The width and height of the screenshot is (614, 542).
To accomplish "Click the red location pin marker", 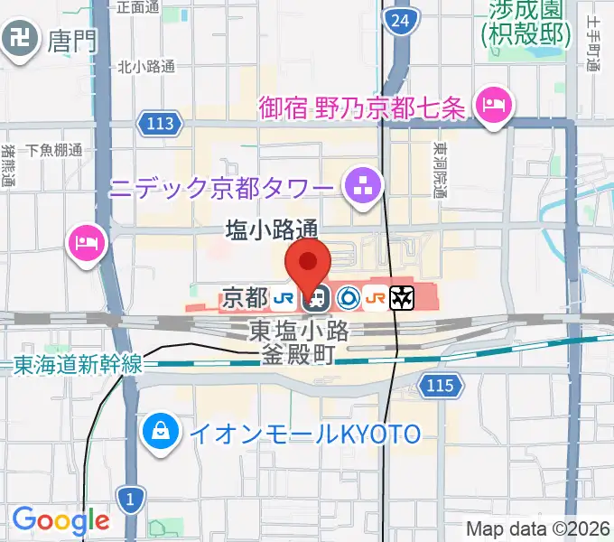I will coord(308,263).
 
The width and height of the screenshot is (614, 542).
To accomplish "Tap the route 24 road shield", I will coord(400,19).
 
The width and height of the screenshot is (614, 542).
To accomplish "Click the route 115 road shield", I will coord(439,387).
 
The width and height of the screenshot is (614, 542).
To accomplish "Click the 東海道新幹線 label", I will coord(79,364).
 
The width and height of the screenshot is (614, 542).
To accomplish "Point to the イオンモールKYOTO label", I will coord(304,435).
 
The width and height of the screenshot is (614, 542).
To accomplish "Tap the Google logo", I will coord(60,520).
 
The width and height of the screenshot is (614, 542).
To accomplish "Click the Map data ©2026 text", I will coord(538,528).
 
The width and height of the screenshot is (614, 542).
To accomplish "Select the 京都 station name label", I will coord(244,296).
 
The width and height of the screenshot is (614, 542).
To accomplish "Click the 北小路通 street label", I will coord(147,65).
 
